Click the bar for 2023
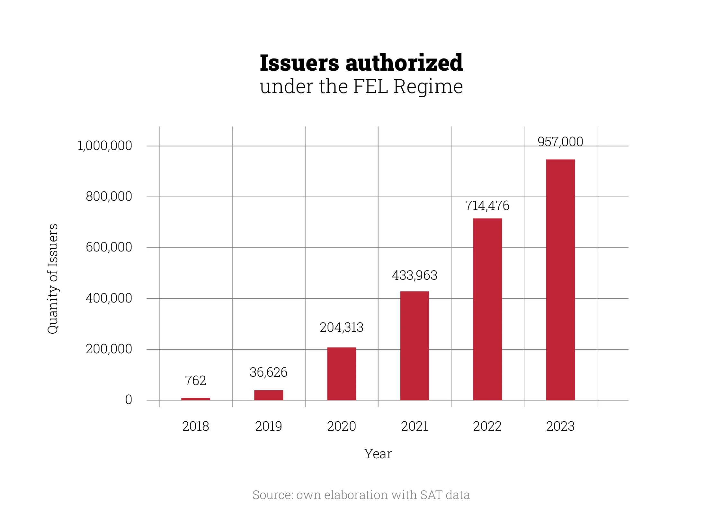(x=560, y=280)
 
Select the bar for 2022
(x=487, y=309)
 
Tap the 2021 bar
(x=415, y=346)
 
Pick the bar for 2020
(x=342, y=374)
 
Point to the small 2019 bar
(x=269, y=395)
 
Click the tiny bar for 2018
(x=196, y=399)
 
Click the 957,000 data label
(x=560, y=142)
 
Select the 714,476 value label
(x=487, y=206)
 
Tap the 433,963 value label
(x=415, y=275)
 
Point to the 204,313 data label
(x=342, y=327)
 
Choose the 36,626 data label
(x=269, y=372)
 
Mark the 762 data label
(x=195, y=381)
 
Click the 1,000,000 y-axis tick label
(x=105, y=146)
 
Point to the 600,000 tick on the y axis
(x=109, y=247)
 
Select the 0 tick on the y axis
(x=129, y=400)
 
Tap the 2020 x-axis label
(x=342, y=426)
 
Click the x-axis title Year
(x=378, y=454)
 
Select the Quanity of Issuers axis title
(x=53, y=279)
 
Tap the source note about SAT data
(x=361, y=495)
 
